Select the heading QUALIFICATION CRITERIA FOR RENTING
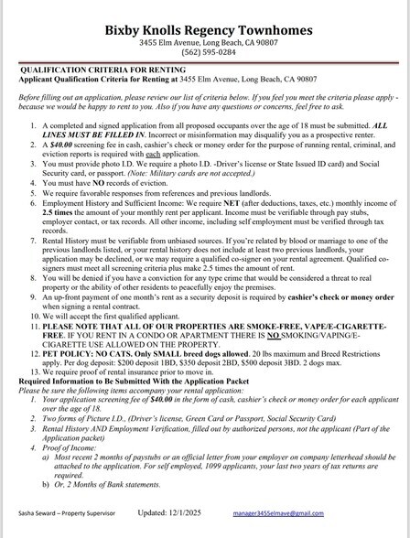click(97, 70)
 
